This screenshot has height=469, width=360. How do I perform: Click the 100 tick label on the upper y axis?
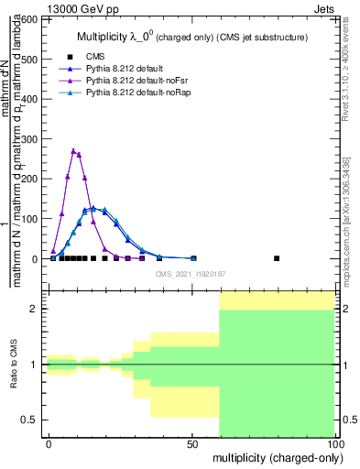[x=30, y=219]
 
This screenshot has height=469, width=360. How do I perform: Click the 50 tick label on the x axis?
[x=191, y=443]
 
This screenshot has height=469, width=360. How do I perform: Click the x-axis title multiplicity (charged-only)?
[x=274, y=456]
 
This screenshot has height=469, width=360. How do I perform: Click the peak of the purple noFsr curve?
[x=73, y=150]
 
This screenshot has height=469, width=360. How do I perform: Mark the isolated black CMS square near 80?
[x=277, y=258]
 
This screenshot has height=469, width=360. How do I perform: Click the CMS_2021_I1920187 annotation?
[x=191, y=273]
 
